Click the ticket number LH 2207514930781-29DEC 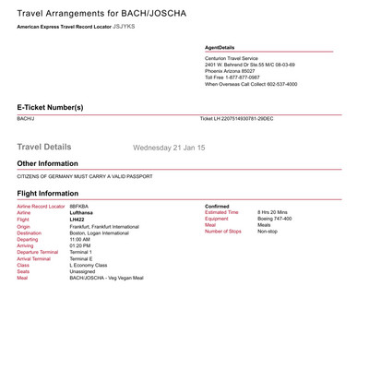point(237,119)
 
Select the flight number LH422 point(78,219)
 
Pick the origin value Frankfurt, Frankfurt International point(104,226)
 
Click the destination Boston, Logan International point(101,232)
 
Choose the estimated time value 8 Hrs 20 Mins point(276,212)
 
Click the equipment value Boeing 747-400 point(275,219)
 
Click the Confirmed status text point(217,206)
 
